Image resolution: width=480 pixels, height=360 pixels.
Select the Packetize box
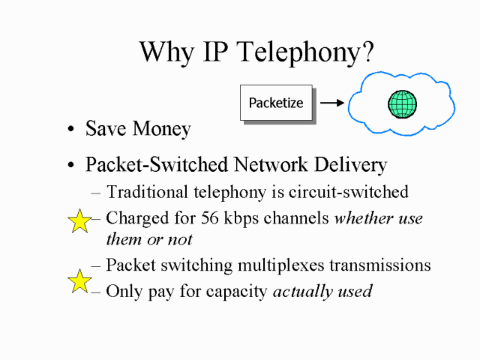pos(276,103)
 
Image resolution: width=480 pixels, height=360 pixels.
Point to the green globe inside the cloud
pos(402,103)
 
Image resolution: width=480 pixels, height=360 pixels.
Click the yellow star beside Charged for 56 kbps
pos(79,221)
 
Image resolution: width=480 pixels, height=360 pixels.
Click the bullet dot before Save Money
pos(70,130)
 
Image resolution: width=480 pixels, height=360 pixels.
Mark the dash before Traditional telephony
pos(96,193)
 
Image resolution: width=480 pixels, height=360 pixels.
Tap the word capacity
pos(238,292)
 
